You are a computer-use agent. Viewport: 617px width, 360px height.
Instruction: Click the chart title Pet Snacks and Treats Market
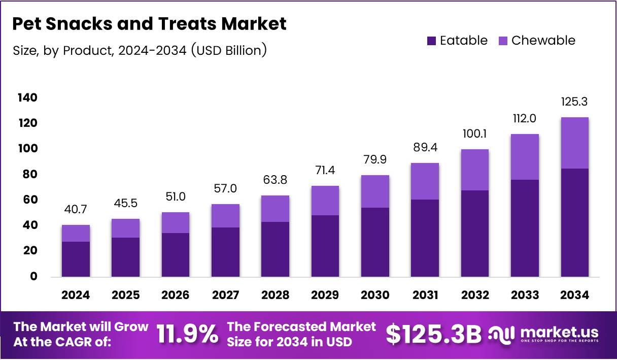(149, 24)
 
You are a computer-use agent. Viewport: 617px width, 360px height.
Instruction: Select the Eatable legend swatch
(432, 41)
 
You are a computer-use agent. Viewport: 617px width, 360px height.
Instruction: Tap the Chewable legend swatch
(503, 41)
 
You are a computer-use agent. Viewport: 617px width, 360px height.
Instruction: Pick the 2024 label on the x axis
(76, 295)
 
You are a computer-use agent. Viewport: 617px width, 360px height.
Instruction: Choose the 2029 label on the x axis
(325, 295)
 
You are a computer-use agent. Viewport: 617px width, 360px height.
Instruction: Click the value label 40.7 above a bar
(76, 209)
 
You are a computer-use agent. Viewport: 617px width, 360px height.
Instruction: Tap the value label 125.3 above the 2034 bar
(574, 102)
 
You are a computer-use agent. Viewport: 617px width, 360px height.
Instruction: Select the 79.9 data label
(374, 159)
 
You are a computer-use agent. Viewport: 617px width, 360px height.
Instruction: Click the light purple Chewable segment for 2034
(574, 143)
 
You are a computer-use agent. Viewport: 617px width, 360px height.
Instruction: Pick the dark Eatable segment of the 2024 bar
(76, 259)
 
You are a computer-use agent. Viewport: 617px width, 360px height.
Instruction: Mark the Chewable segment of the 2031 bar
(425, 181)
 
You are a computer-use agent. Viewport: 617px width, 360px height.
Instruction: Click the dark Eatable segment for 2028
(275, 249)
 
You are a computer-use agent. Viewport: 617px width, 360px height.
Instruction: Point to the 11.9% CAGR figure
(187, 335)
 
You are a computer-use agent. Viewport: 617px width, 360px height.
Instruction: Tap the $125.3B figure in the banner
(433, 335)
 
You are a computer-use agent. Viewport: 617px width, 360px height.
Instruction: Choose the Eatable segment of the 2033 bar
(525, 228)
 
